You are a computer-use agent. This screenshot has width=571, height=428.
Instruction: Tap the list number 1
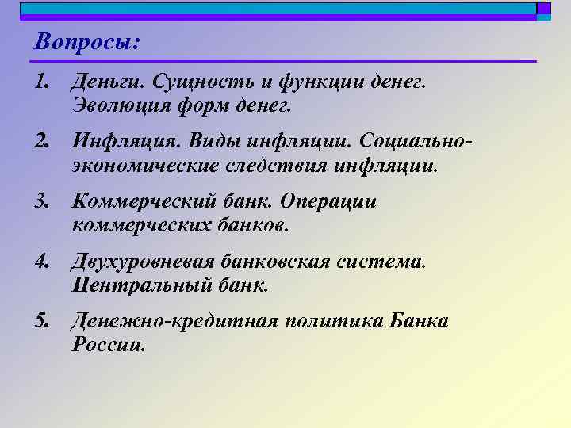click(x=41, y=81)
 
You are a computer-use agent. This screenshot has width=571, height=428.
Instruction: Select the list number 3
click(x=41, y=201)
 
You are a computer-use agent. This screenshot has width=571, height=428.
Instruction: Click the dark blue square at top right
click(x=543, y=9)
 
